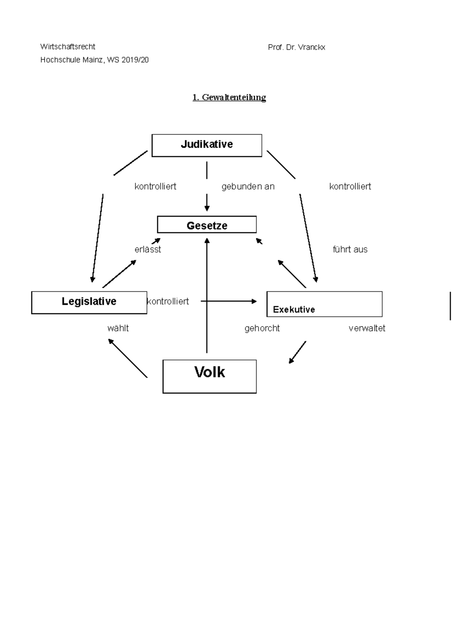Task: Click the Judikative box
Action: point(206,145)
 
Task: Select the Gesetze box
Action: point(207,225)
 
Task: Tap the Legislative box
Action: point(89,302)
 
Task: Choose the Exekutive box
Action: point(324,304)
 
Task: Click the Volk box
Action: point(209,376)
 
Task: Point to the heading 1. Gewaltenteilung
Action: point(229,97)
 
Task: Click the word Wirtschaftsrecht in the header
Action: point(68,47)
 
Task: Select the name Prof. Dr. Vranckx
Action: point(296,47)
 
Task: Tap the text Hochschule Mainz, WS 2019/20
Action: point(95,60)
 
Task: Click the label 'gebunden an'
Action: point(248,187)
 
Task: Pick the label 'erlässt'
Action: point(148,250)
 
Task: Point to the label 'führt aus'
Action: point(350,250)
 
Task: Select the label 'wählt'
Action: point(118,328)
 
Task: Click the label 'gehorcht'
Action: point(262,328)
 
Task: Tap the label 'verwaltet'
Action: point(367,328)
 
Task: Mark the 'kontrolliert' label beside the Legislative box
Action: point(168,302)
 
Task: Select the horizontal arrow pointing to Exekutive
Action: point(229,301)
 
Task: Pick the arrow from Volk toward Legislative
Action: point(128,358)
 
